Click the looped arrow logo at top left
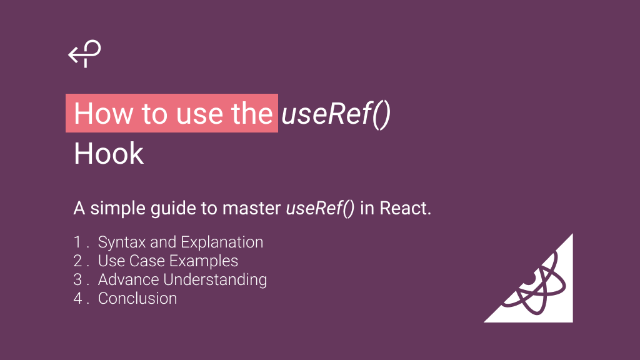click(84, 54)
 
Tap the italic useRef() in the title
click(336, 114)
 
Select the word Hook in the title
click(109, 154)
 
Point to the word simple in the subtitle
click(119, 208)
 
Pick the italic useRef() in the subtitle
click(321, 208)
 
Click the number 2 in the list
click(78, 261)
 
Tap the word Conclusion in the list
click(137, 298)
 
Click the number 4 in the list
click(78, 298)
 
